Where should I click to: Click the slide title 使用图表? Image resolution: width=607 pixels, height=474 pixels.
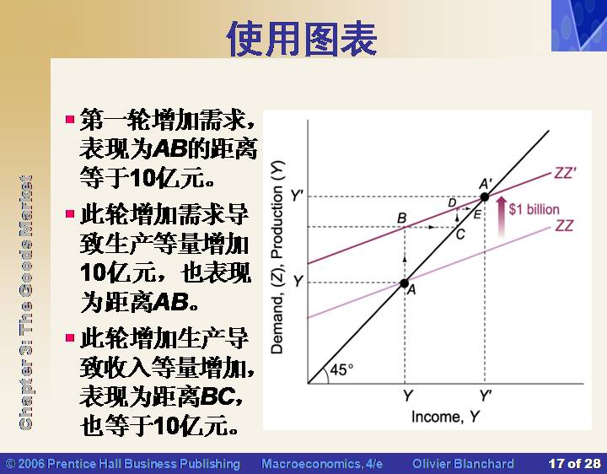click(302, 39)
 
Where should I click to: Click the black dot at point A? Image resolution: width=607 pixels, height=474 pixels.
click(405, 283)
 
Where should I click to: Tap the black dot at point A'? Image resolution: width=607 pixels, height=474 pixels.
click(485, 197)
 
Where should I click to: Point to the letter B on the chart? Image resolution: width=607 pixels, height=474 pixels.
click(402, 218)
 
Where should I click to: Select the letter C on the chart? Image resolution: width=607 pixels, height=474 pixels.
click(460, 234)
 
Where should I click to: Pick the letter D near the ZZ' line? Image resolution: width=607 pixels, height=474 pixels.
click(452, 202)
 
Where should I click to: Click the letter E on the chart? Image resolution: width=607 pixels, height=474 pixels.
click(477, 214)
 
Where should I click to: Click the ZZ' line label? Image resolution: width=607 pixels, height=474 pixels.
click(566, 173)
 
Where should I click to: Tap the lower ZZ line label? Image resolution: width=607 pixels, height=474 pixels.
click(564, 225)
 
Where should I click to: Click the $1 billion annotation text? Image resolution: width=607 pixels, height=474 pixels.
click(534, 209)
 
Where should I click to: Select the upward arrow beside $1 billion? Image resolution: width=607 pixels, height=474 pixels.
click(502, 217)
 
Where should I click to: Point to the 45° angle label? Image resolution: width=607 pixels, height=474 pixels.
click(341, 369)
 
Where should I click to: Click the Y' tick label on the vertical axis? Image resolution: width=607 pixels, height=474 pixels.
click(297, 196)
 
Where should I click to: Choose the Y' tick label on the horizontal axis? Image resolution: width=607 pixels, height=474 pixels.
click(486, 396)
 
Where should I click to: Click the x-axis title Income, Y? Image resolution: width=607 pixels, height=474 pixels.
click(446, 417)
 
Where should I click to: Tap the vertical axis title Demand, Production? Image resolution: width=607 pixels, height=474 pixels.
click(277, 257)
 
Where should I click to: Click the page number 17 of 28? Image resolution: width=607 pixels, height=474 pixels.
click(574, 464)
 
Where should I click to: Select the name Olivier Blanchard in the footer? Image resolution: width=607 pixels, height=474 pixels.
click(463, 464)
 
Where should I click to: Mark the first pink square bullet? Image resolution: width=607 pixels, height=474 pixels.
click(70, 119)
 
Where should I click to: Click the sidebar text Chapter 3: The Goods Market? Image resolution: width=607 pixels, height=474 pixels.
click(25, 303)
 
